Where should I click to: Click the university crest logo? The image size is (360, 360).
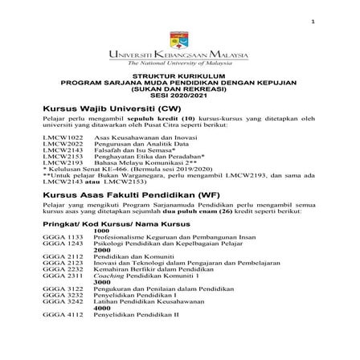[179, 39]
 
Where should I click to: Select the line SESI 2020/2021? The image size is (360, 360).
[179, 96]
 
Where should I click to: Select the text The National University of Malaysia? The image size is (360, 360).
[179, 63]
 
